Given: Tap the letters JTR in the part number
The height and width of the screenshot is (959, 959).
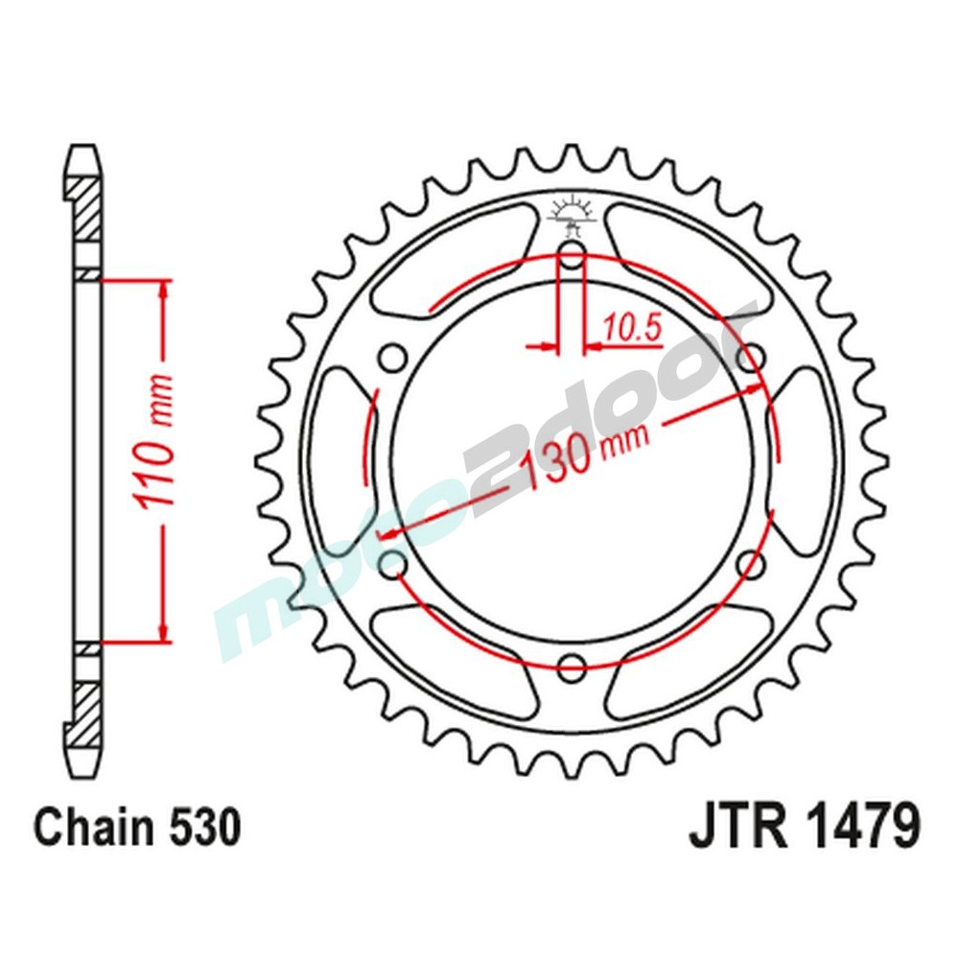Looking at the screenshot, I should [736, 828].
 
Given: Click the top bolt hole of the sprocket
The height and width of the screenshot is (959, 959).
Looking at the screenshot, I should [572, 256].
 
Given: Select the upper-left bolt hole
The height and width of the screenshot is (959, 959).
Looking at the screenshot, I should [391, 358].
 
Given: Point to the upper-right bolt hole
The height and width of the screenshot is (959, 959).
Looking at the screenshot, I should [752, 358].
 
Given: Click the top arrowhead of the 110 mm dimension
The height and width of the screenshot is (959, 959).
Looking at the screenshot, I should [166, 289].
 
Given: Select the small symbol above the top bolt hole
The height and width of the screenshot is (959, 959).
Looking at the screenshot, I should [572, 216].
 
